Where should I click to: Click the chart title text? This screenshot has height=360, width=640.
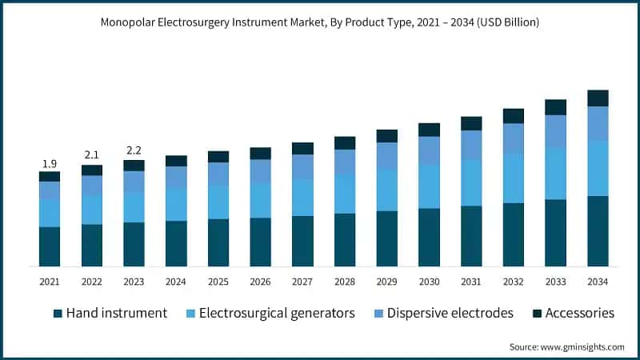[x=320, y=22]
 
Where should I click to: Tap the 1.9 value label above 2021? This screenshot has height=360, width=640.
[x=50, y=163]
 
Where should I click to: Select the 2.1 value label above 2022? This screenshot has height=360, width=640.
[x=92, y=154]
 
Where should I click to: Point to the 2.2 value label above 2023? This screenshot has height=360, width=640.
[x=134, y=150]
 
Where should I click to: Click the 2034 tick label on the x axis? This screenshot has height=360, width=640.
[x=598, y=282]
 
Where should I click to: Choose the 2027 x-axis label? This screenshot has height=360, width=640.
[x=302, y=282]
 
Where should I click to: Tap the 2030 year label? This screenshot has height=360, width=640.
[x=429, y=282]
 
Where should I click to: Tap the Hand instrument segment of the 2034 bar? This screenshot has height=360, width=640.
[x=598, y=231]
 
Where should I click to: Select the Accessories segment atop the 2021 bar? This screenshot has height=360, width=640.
[x=50, y=176]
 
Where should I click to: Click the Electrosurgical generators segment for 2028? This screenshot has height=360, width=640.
[x=345, y=194]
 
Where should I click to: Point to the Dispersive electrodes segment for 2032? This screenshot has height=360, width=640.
[x=514, y=138]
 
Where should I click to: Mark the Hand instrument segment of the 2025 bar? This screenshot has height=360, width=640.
[x=218, y=242]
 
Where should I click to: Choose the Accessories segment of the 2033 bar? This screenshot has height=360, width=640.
[x=556, y=107]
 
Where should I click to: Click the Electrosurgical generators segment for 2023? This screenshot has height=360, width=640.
[x=134, y=207]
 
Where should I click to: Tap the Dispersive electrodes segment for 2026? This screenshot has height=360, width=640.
[x=260, y=171]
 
